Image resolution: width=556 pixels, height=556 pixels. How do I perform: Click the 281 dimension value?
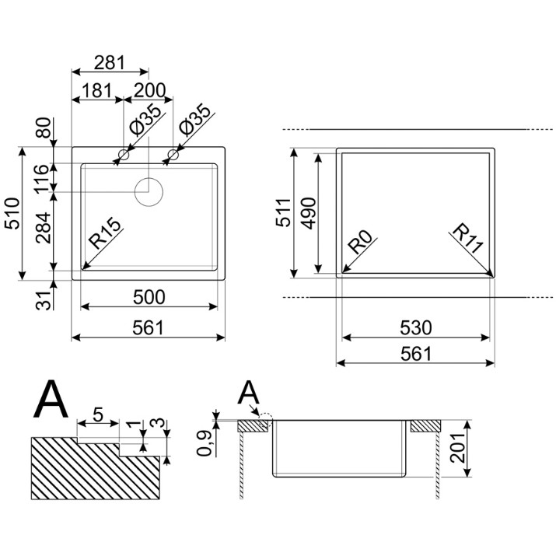point(110,63)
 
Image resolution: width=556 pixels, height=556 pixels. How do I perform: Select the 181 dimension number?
point(96,91)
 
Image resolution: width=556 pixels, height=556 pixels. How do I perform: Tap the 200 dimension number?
point(149,91)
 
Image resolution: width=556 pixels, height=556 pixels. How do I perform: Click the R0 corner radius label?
point(360,242)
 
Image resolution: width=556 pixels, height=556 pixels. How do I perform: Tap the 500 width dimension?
point(149,297)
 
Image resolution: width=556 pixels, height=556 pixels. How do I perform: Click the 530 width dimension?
point(415,327)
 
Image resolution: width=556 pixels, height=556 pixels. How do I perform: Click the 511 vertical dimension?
point(283,212)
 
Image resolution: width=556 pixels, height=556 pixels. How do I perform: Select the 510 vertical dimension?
point(12,213)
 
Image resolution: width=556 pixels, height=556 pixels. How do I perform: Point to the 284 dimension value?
point(44,227)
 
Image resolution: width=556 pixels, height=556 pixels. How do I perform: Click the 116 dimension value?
point(42,178)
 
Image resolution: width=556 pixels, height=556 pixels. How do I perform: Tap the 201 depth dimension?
point(456,448)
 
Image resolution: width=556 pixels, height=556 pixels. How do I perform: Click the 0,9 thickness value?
point(204,443)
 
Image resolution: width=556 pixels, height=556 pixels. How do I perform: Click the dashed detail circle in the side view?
point(266,414)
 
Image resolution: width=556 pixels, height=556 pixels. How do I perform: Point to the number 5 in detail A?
point(97,414)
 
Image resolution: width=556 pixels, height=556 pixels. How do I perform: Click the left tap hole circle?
point(124,155)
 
